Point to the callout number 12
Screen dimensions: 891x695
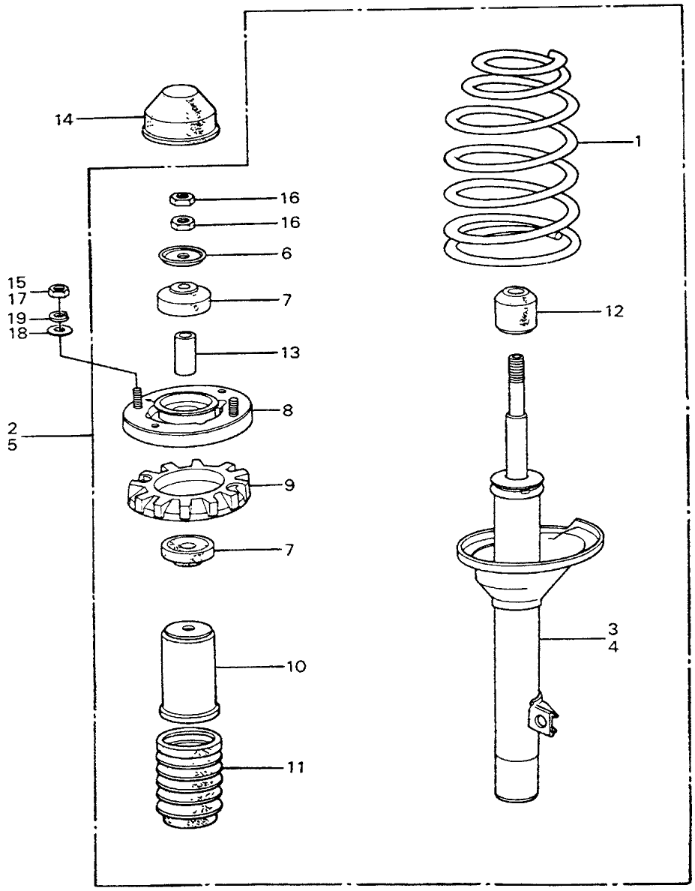[613, 310]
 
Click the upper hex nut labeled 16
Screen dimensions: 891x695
[182, 199]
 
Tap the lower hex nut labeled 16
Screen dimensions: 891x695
[182, 222]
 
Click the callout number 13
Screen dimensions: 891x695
[290, 352]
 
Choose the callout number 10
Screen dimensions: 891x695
[297, 666]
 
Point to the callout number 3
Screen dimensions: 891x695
[613, 627]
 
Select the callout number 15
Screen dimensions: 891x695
[16, 283]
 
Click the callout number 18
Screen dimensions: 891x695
[16, 333]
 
